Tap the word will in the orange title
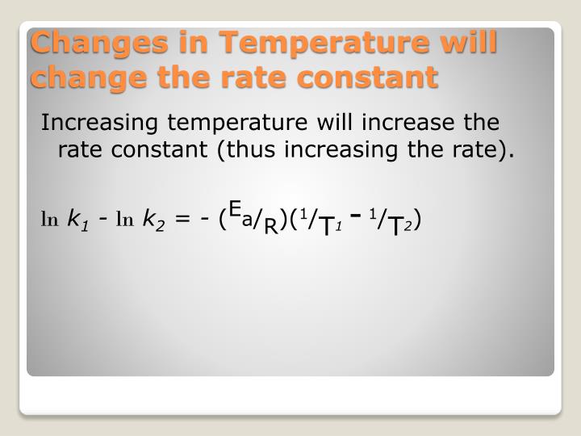coord(462,41)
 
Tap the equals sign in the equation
coord(182,219)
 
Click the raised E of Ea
coord(234,210)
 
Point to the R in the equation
coord(271,225)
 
